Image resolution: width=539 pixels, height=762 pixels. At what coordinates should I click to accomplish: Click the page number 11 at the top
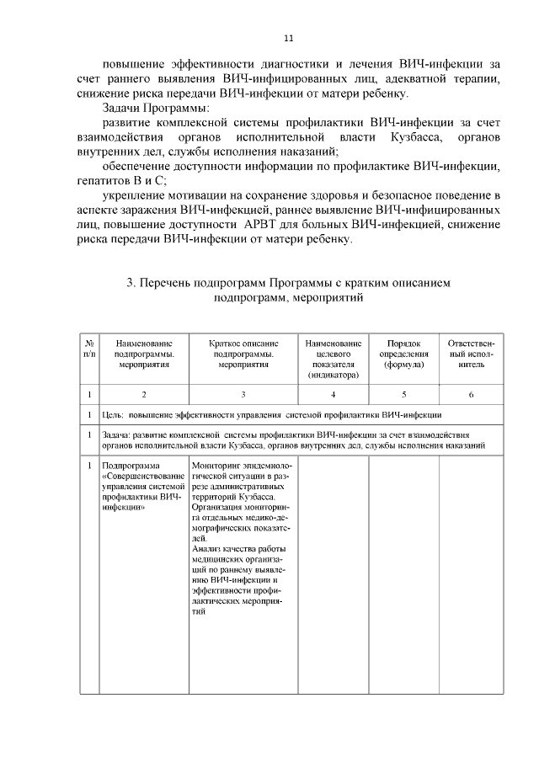[288, 38]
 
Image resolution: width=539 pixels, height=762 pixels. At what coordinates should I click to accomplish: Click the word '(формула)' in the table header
[403, 365]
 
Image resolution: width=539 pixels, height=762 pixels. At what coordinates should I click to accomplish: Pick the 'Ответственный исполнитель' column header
[471, 354]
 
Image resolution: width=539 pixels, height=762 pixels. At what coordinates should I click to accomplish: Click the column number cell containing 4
[334, 394]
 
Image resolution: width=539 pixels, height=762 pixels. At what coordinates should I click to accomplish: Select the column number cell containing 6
[471, 394]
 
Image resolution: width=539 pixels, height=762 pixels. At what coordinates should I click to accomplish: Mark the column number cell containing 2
[144, 394]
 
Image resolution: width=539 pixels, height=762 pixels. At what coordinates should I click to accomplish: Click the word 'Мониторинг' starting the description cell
[216, 466]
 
